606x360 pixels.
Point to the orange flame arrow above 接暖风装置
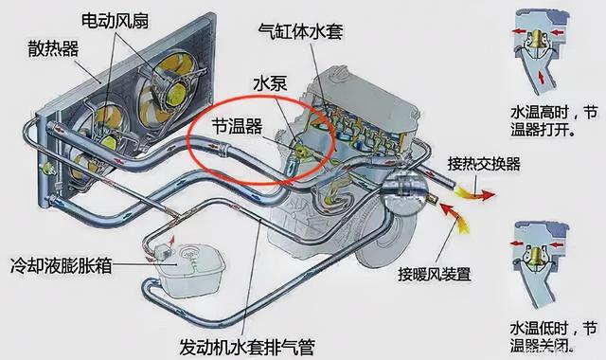pos(462,224)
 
